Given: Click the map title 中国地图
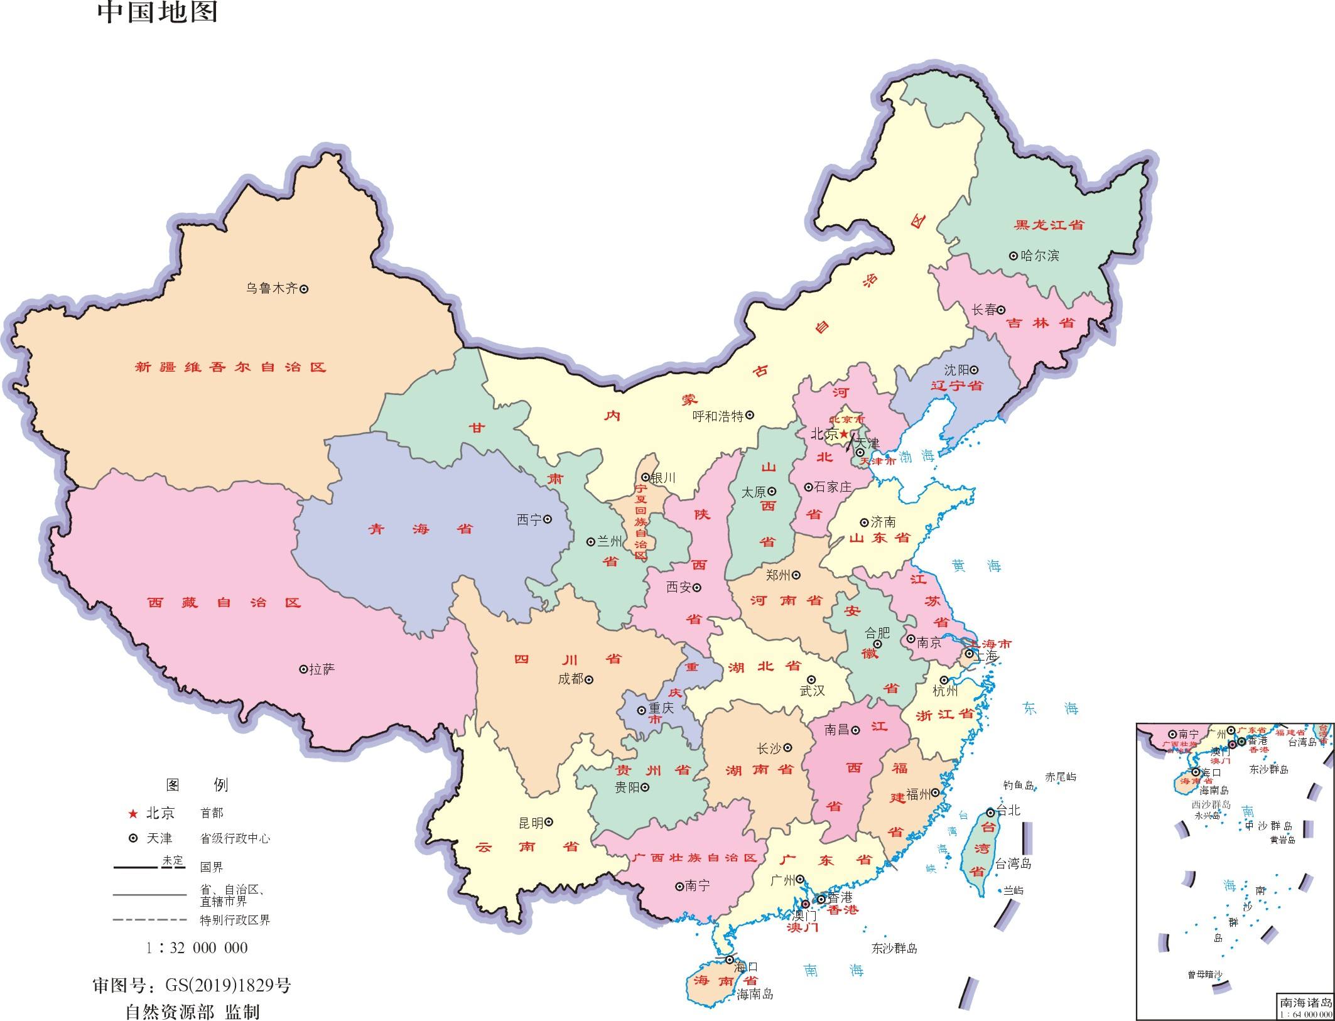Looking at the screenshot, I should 157,13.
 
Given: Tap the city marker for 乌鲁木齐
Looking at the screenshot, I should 304,289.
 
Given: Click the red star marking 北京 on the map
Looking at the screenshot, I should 844,434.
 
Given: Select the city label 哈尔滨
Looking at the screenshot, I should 1040,256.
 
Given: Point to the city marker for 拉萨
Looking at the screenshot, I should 303,669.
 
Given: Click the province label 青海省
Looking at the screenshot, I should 420,529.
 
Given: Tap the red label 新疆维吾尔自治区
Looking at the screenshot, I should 230,367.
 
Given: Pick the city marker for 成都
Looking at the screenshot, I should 589,679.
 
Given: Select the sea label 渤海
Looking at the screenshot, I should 917,457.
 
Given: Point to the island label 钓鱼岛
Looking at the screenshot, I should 1018,786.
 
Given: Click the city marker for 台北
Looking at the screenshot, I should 990,812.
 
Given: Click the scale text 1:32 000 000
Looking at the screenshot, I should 197,948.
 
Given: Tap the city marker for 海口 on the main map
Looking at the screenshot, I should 729,960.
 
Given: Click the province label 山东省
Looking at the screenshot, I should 879,538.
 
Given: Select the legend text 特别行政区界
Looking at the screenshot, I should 234,921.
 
